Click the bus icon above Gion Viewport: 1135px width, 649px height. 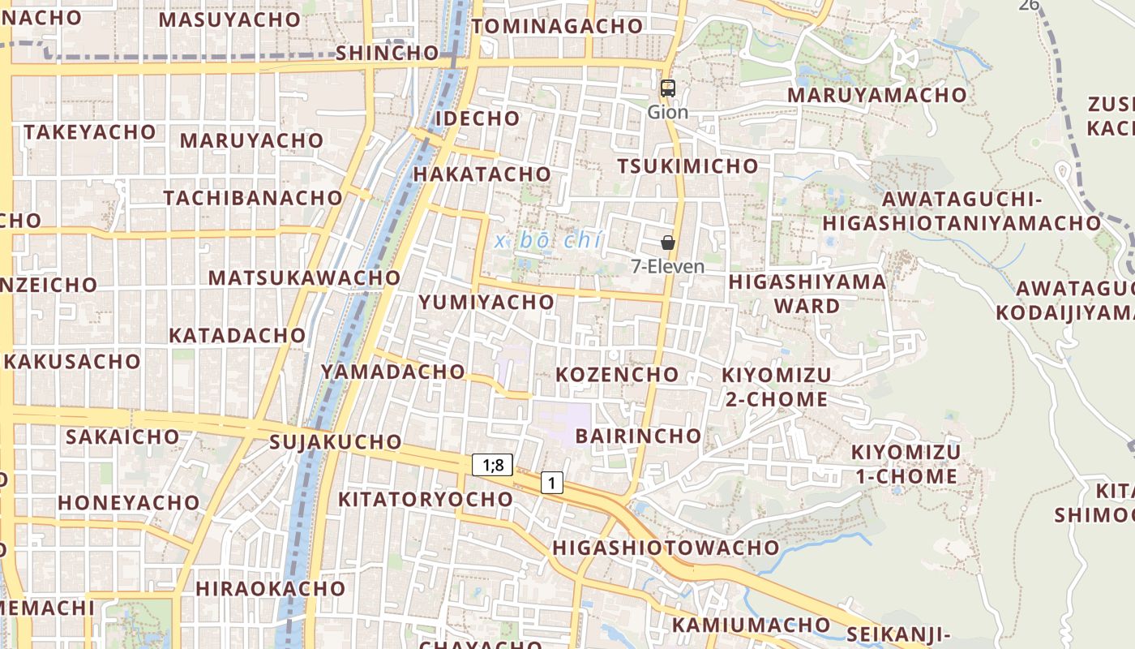[x=668, y=88]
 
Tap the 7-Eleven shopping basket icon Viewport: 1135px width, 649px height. [x=668, y=243]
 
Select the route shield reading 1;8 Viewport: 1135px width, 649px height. [x=493, y=465]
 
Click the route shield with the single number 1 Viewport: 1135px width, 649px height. [x=552, y=484]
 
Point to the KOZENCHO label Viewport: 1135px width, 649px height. [x=617, y=374]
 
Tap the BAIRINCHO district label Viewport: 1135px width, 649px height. [x=638, y=436]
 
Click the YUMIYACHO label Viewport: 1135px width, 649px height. [x=486, y=303]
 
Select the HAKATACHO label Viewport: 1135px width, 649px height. [x=482, y=174]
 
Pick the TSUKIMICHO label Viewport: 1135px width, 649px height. [x=688, y=166]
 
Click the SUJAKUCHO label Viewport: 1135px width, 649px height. [x=336, y=442]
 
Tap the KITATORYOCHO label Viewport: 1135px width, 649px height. [x=426, y=499]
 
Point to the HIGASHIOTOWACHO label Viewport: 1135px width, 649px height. [x=666, y=548]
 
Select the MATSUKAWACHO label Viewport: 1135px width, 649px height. [x=304, y=278]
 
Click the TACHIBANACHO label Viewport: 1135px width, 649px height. [x=253, y=198]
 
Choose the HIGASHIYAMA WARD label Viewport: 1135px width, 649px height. [x=807, y=294]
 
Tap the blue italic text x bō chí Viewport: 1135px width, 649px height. [x=549, y=240]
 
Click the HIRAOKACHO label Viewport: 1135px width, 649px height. [x=270, y=588]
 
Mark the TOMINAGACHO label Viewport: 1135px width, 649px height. [x=557, y=26]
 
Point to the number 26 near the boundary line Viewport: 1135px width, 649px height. [x=1029, y=5]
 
